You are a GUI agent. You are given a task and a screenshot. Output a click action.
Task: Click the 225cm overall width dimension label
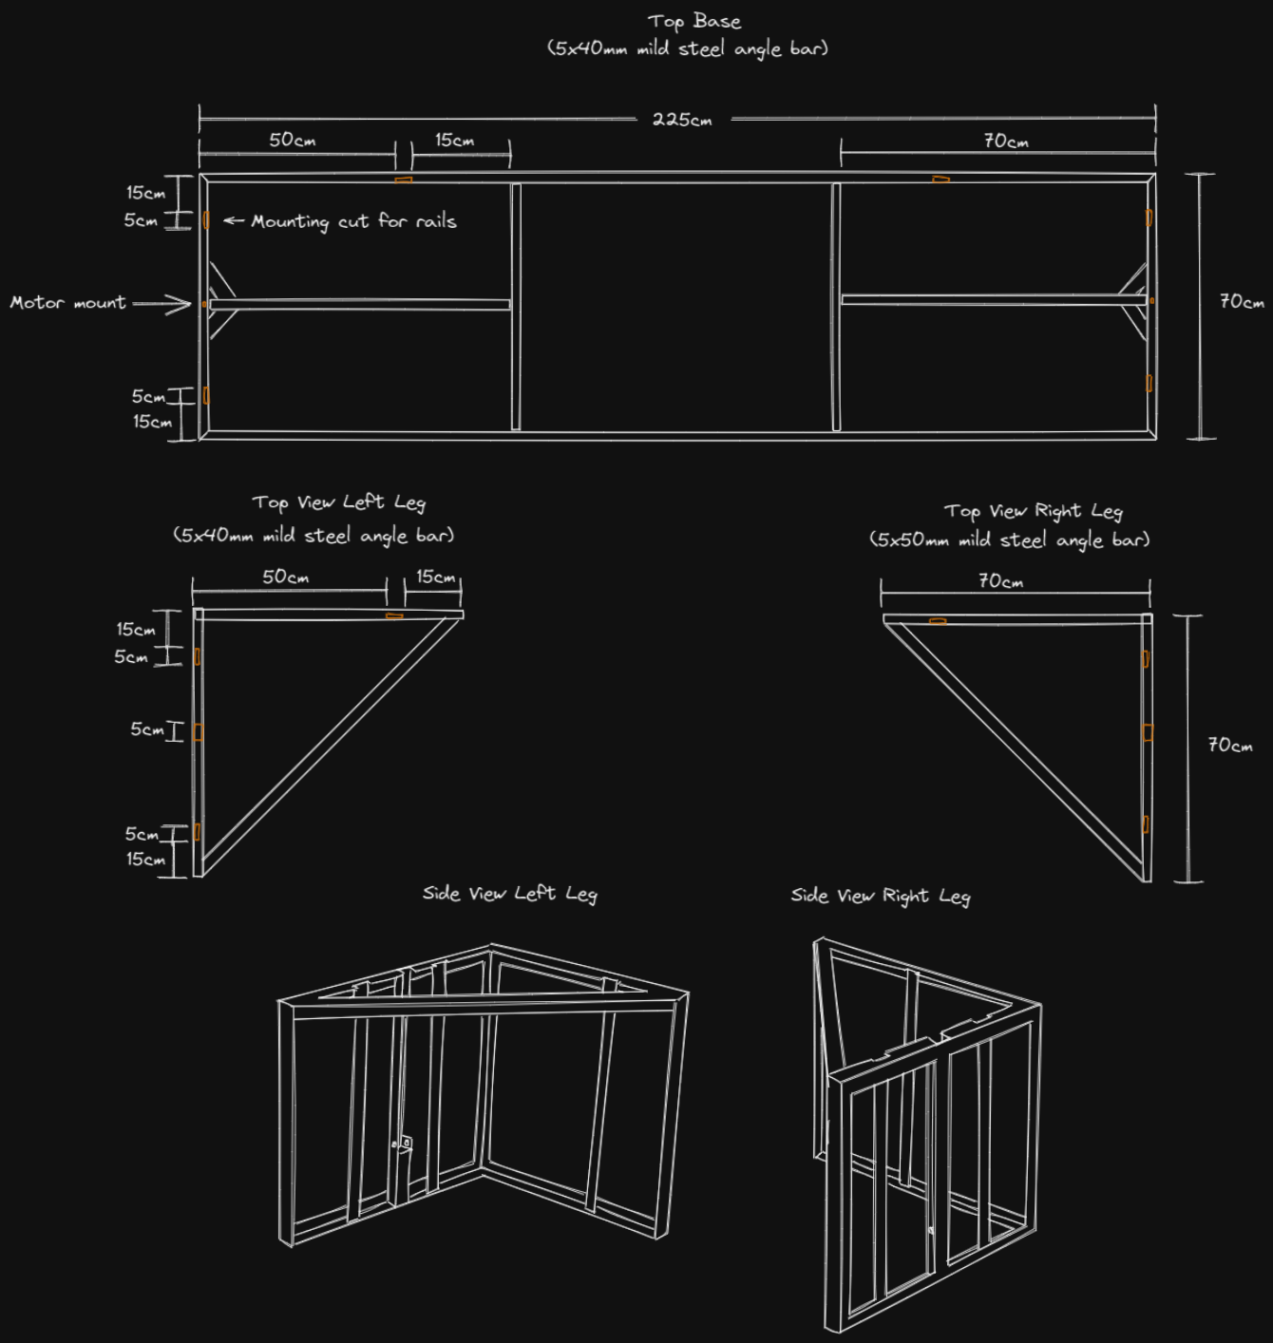[682, 120]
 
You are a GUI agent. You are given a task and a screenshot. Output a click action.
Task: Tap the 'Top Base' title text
[694, 21]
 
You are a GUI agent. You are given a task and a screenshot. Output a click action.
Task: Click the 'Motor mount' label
[67, 303]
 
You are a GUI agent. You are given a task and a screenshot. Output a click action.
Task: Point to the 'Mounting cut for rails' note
[353, 221]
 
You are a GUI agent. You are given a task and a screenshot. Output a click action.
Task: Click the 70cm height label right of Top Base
[1241, 302]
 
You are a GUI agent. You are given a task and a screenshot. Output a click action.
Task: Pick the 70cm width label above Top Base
[1005, 142]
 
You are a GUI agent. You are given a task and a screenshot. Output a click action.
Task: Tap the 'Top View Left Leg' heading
[339, 502]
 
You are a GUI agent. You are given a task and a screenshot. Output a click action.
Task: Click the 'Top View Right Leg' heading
[1033, 511]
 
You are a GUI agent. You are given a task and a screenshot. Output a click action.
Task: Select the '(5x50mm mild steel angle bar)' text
[1009, 539]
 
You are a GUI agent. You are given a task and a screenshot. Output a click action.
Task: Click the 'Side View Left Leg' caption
[510, 894]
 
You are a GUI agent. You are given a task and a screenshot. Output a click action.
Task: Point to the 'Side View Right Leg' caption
[881, 896]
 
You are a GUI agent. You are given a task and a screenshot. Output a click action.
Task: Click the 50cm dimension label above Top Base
[292, 140]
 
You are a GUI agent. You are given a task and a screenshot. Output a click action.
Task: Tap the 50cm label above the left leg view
[285, 577]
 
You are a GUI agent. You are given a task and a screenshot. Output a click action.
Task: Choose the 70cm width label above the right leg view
[1000, 580]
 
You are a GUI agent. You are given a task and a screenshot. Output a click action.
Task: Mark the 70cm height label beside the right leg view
[1229, 745]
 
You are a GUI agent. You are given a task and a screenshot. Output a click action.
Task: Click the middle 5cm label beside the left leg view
[147, 729]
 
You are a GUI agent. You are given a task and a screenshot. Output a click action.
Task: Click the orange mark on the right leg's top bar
[938, 621]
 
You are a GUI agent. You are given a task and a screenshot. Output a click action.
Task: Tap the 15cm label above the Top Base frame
[454, 140]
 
